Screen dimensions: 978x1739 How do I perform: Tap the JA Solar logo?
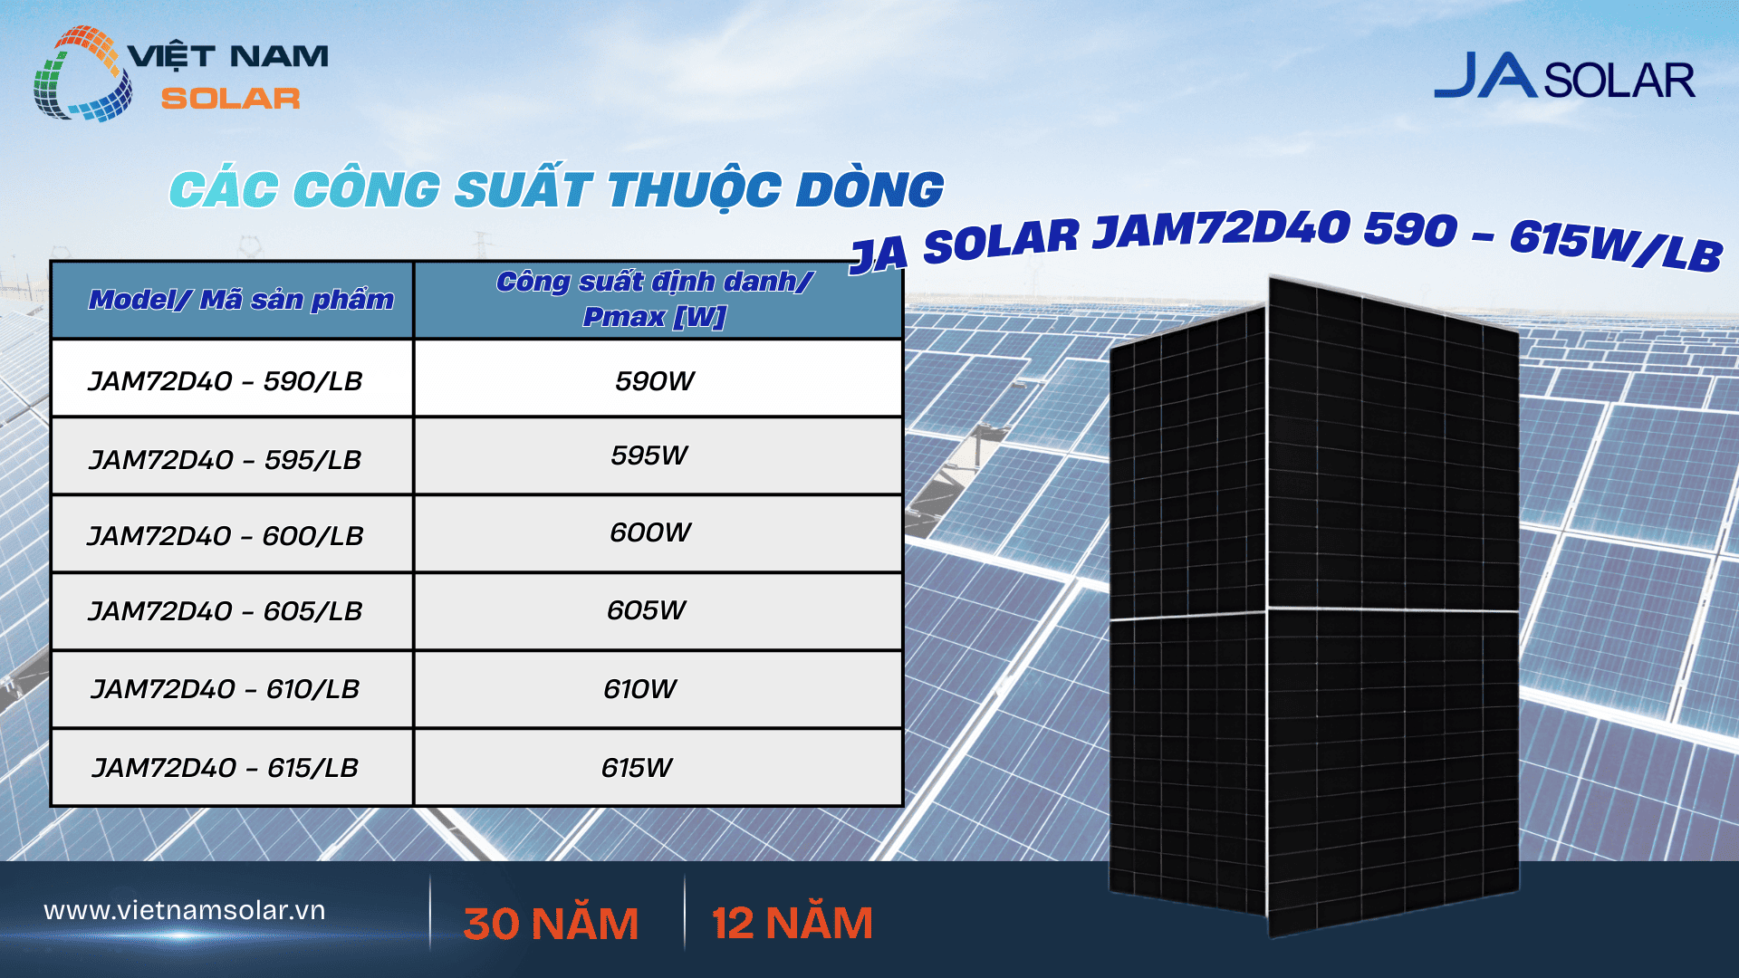(1564, 78)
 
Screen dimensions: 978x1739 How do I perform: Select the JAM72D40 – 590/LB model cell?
(226, 381)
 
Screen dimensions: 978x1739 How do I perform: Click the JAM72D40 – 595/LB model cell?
(226, 460)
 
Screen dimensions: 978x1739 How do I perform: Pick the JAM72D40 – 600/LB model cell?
(226, 536)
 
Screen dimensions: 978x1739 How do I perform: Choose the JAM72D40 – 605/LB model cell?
(226, 611)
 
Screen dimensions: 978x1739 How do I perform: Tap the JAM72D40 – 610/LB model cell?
(226, 689)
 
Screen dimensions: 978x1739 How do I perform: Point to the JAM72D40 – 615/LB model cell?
(226, 768)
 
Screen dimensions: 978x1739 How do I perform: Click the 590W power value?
(655, 381)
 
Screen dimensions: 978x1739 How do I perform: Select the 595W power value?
(649, 455)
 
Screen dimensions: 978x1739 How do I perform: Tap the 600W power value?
(650, 532)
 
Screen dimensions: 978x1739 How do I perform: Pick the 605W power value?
(647, 610)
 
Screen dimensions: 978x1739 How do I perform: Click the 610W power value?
(640, 689)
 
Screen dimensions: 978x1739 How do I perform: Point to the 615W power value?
(637, 768)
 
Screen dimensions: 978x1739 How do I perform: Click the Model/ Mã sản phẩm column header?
(241, 300)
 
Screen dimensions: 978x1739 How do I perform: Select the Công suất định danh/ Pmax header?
(655, 299)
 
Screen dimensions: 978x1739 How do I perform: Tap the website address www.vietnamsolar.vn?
(185, 910)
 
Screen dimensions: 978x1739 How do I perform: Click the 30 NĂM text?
(551, 924)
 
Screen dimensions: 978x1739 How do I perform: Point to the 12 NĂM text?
(793, 924)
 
